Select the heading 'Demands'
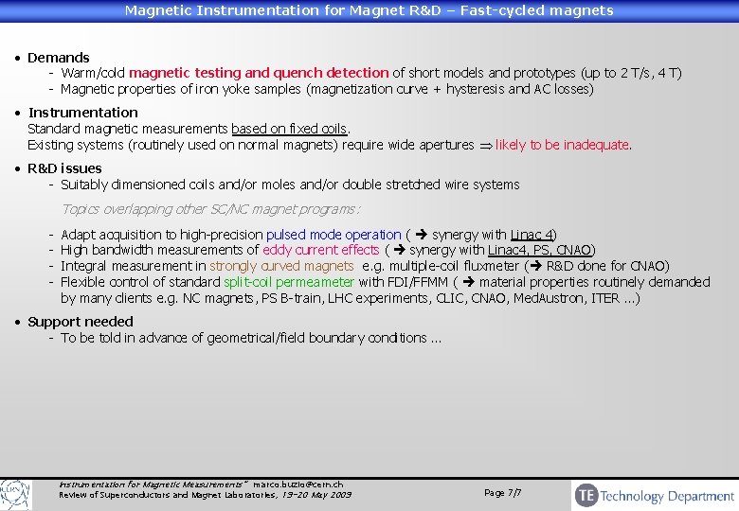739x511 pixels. (59, 58)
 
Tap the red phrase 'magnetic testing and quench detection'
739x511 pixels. (259, 73)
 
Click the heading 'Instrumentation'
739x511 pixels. (83, 113)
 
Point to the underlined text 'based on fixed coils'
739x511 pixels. (290, 129)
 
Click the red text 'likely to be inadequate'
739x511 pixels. (563, 145)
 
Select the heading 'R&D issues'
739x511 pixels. (64, 168)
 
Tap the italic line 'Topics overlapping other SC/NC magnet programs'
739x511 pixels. (211, 209)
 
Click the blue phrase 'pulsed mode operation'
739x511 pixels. (333, 235)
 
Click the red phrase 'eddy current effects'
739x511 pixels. (321, 250)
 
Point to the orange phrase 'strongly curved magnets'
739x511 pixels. (281, 266)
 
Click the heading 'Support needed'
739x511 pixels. (81, 322)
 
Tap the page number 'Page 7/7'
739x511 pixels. (503, 493)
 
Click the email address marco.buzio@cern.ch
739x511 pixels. (298, 485)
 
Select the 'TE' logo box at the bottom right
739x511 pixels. (586, 496)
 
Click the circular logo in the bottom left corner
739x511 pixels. (15, 495)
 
